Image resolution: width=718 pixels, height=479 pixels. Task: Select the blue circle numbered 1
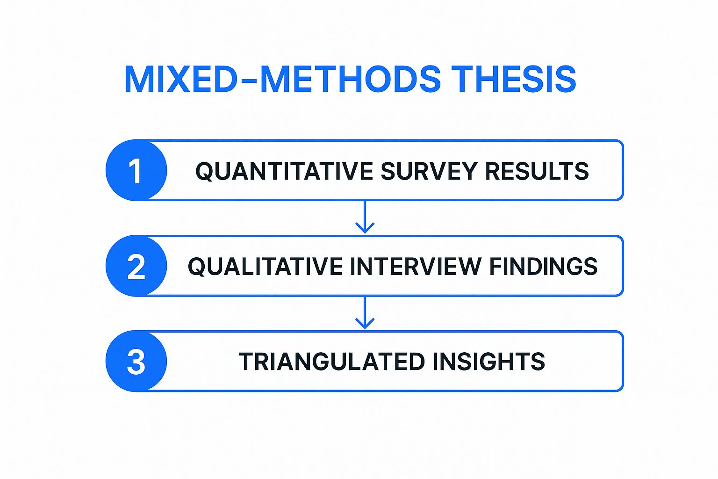click(x=136, y=170)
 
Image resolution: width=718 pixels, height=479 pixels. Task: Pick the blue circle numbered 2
click(x=136, y=266)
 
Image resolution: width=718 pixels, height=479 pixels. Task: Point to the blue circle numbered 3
click(x=136, y=361)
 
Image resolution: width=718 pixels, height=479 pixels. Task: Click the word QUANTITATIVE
click(x=284, y=172)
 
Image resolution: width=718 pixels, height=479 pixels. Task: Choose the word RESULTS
click(x=537, y=171)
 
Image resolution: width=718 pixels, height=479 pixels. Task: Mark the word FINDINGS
click(x=543, y=266)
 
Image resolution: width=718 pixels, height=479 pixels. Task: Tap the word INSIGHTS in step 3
click(x=489, y=362)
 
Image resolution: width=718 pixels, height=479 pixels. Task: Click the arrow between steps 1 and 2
click(x=365, y=217)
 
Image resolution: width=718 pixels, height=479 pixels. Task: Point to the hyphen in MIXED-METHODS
click(x=248, y=80)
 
